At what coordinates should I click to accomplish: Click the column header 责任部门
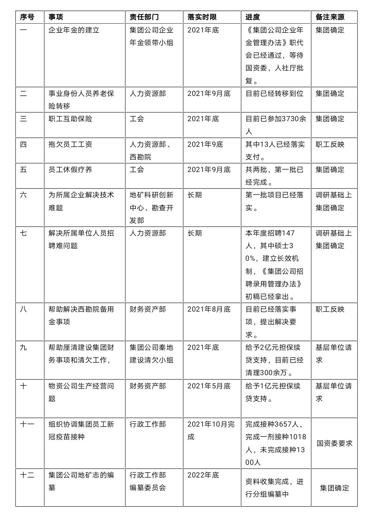pyautogui.click(x=144, y=17)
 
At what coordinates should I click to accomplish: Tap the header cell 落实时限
pyautogui.click(x=202, y=17)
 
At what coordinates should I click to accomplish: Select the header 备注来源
pyautogui.click(x=330, y=17)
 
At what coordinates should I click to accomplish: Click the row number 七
pyautogui.click(x=23, y=233)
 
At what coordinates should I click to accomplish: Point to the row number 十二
pyautogui.click(x=27, y=475)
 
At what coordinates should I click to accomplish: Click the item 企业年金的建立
pyautogui.click(x=74, y=30)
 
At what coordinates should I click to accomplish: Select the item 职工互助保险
pyautogui.click(x=71, y=119)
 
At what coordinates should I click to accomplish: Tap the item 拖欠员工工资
pyautogui.click(x=71, y=144)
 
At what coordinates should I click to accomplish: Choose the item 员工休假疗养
pyautogui.click(x=71, y=170)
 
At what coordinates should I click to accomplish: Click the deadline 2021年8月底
pyautogui.click(x=209, y=309)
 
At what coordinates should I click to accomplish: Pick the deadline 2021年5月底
pyautogui.click(x=209, y=386)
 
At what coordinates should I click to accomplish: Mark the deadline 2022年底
pyautogui.click(x=203, y=475)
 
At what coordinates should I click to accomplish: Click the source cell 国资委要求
pyautogui.click(x=335, y=443)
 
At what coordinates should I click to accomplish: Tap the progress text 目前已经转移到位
pyautogui.click(x=274, y=94)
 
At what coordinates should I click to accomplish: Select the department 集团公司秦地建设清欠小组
pyautogui.click(x=151, y=354)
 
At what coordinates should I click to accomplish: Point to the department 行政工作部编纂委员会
pyautogui.click(x=148, y=481)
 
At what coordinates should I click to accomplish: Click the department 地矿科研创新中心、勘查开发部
pyautogui.click(x=151, y=207)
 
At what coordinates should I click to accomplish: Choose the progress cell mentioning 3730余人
pyautogui.click(x=276, y=125)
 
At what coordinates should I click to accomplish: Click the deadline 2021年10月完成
pyautogui.click(x=211, y=430)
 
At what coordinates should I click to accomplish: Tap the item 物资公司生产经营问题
pyautogui.click(x=81, y=392)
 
